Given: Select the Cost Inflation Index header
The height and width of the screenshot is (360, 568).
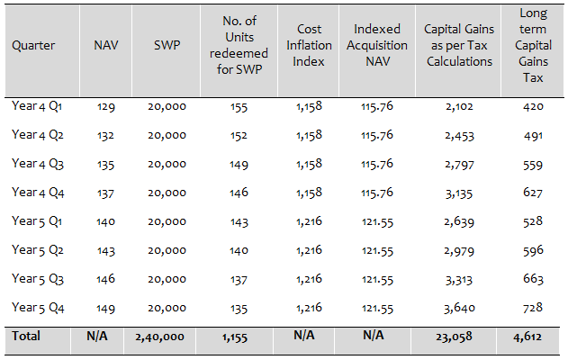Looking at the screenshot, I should [309, 45].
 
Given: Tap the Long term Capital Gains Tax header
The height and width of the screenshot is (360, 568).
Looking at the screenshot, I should [532, 45].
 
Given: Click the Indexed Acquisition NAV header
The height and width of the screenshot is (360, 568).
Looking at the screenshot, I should [376, 45].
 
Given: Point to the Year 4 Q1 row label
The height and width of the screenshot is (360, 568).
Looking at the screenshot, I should [37, 106].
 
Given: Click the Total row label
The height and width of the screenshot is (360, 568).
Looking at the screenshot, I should [25, 337].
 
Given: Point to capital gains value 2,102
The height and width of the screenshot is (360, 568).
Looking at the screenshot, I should [459, 106].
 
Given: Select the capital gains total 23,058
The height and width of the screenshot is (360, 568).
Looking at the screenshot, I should [459, 337].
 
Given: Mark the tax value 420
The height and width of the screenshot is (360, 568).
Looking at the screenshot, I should [533, 106].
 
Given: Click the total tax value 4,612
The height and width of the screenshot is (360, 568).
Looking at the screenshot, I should [533, 337].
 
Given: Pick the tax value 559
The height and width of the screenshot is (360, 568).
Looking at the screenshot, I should [533, 163].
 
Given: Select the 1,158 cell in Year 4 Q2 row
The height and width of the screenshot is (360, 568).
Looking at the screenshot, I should [309, 135].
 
